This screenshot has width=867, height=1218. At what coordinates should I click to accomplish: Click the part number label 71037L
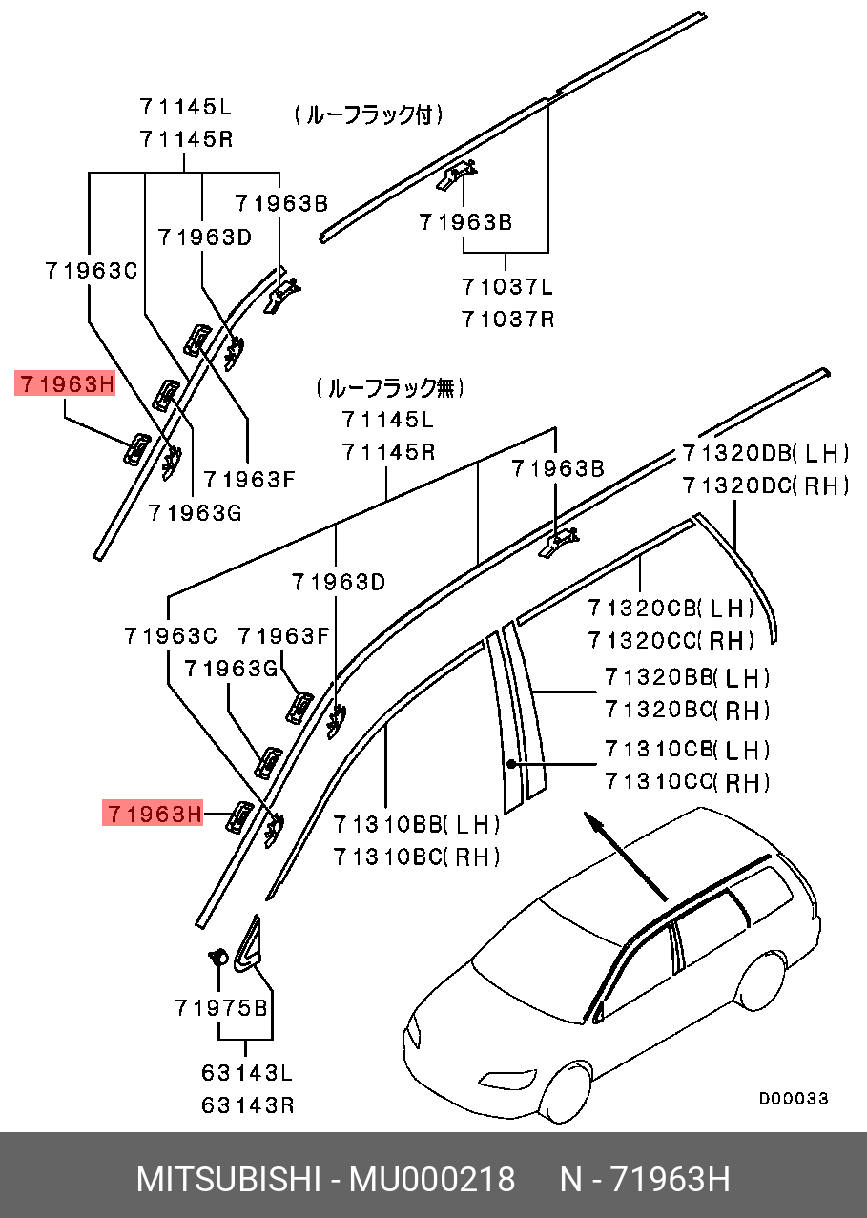507,287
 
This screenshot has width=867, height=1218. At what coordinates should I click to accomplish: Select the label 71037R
507,319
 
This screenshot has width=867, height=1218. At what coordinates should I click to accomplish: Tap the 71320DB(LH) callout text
765,453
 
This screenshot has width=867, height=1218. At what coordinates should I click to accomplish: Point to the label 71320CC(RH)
671,639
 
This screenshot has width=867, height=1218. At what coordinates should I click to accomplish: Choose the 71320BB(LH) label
687,678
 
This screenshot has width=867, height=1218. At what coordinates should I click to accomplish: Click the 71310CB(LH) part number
687,750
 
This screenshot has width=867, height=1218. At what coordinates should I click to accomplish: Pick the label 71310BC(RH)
417,857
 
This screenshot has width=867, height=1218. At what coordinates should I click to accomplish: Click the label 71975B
221,1007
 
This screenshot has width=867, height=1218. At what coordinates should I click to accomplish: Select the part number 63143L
247,1073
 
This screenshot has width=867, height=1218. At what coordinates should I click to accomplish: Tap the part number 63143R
247,1105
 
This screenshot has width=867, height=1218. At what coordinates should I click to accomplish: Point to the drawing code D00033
794,1099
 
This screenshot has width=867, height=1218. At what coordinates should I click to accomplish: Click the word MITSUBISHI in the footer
228,1180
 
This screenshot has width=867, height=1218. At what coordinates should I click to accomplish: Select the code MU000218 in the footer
431,1180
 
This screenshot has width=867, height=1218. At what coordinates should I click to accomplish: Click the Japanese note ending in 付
369,116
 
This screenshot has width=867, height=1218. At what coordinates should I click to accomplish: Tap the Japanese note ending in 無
390,388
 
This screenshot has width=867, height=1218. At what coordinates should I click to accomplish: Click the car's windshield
534,944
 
